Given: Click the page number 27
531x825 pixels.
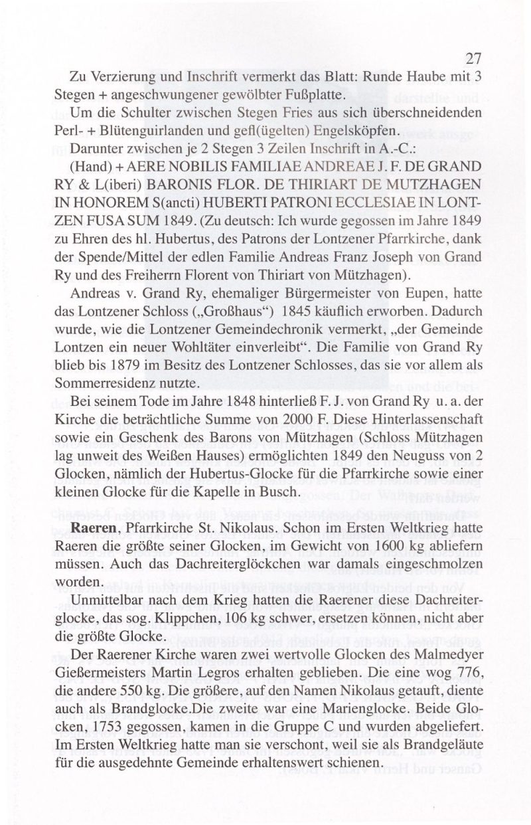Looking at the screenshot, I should pyautogui.click(x=473, y=57).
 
